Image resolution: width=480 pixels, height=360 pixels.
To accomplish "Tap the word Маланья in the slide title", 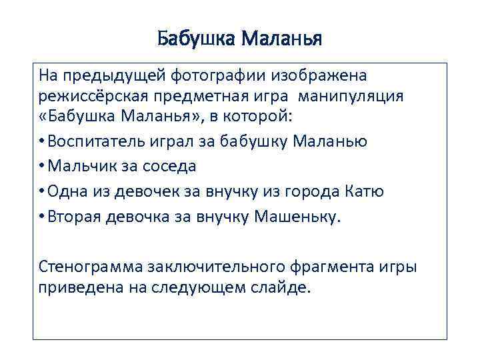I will (281, 39).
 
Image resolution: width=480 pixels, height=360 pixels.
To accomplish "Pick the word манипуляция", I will (351, 96).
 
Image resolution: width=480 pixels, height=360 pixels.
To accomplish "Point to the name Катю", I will (365, 192).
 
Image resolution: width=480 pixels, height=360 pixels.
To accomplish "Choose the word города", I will (309, 192).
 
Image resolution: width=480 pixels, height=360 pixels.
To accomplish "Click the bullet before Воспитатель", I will (42, 141).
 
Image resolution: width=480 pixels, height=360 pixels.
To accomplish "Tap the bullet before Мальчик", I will (42, 167).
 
